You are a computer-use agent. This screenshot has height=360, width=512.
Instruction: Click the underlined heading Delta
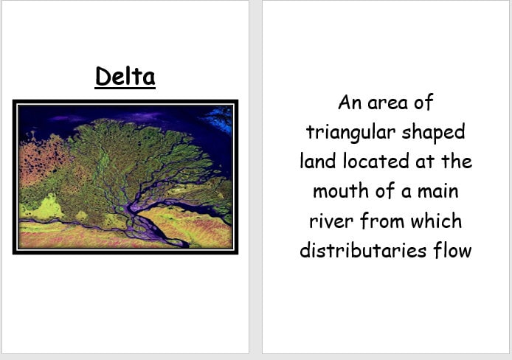click(125, 76)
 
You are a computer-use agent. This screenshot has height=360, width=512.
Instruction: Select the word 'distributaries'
click(353, 251)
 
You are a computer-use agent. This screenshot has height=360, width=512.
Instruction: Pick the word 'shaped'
click(433, 133)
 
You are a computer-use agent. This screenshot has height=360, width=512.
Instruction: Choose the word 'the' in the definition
click(455, 162)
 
